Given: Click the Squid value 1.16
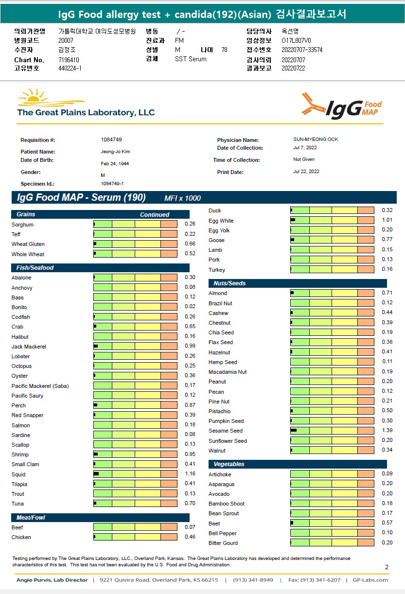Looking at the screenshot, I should (190, 474).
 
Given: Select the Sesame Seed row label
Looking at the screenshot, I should (225, 431).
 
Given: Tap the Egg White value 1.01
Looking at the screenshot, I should (387, 221).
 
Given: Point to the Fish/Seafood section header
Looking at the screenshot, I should (35, 268).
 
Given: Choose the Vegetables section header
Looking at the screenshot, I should (229, 464).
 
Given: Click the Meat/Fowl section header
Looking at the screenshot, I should (31, 518).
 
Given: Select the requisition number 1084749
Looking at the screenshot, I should (111, 140).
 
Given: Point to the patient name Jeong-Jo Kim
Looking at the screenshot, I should (115, 152).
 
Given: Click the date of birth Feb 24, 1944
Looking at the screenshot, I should (115, 164).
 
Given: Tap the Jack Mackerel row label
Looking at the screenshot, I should (29, 347).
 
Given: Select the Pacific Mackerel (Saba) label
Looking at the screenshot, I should (40, 386).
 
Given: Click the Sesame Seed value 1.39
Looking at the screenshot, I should (387, 431).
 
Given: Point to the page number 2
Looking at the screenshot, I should (387, 567).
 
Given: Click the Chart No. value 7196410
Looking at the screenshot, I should (69, 60).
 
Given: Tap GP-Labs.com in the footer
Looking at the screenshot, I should (370, 580).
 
